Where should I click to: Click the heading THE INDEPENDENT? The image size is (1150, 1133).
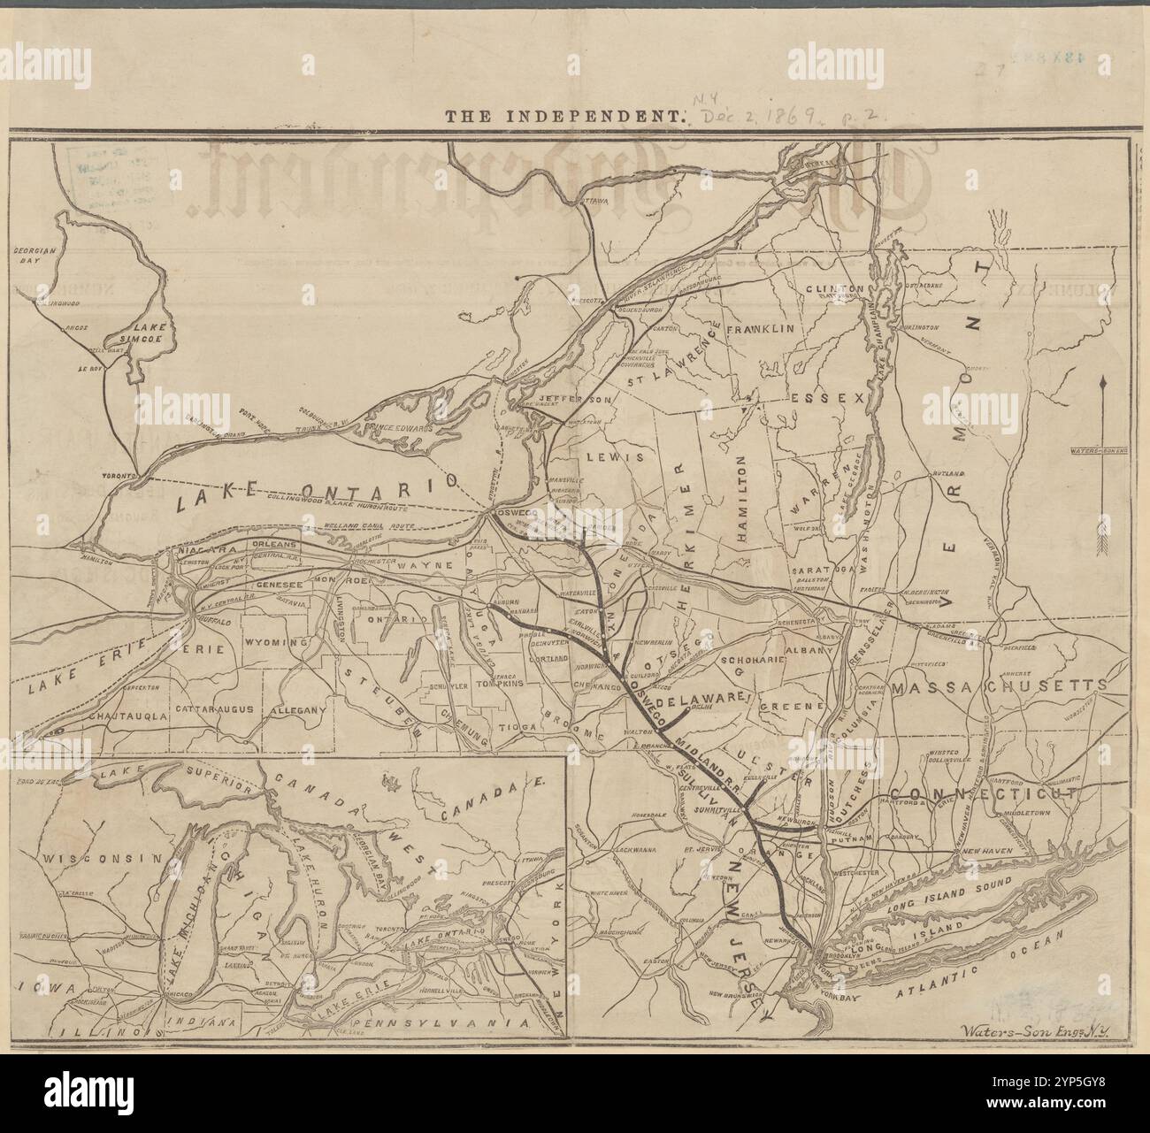coord(565,115)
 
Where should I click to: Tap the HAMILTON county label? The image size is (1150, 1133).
coord(740,498)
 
